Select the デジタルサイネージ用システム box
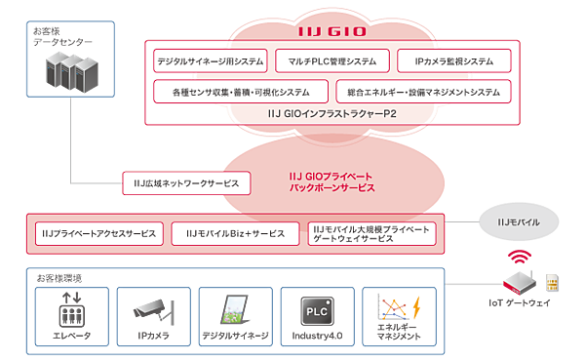pyautogui.click(x=210, y=60)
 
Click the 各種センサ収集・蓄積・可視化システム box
pyautogui.click(x=239, y=93)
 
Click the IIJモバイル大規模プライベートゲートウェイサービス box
pyautogui.click(x=370, y=234)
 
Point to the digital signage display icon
pyautogui.click(x=234, y=306)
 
